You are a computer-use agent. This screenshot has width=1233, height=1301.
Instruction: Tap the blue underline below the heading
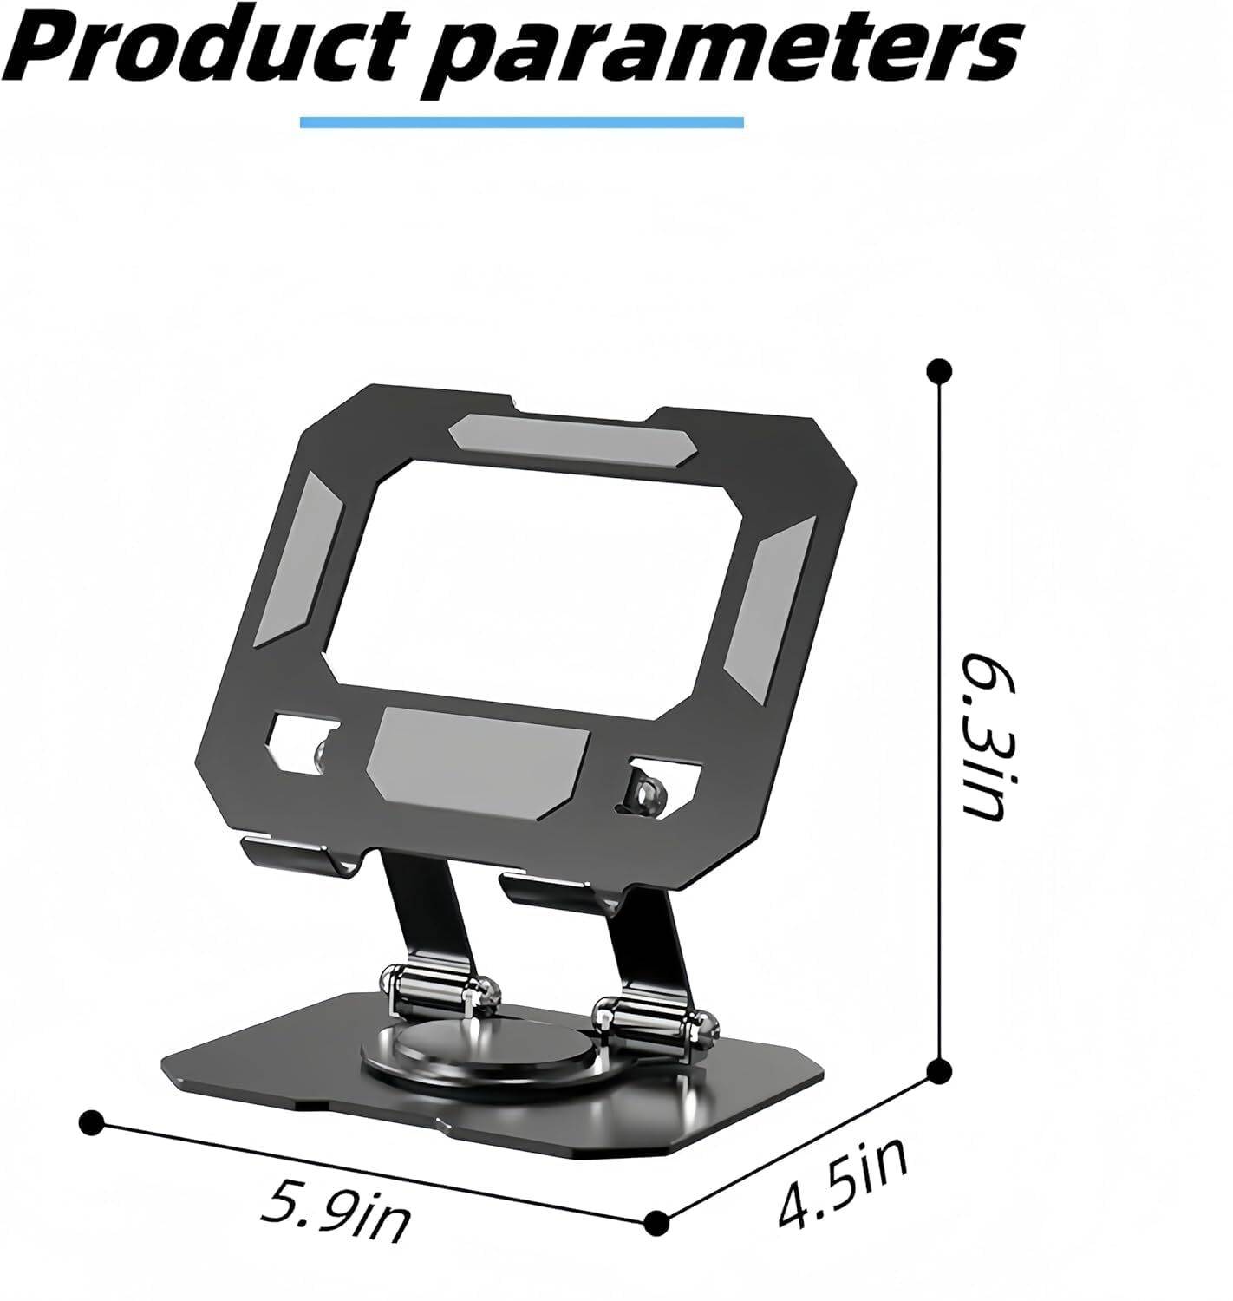521,121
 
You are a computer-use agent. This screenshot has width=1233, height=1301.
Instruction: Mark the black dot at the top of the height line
938,371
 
